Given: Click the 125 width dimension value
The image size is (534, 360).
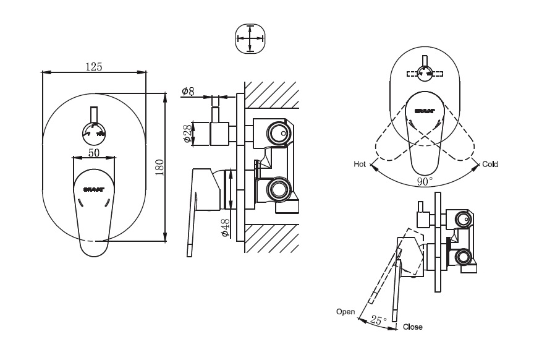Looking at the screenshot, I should tap(93, 67).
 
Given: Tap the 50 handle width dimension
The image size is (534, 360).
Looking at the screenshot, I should tap(93, 152).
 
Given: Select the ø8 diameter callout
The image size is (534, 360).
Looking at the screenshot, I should tap(188, 92).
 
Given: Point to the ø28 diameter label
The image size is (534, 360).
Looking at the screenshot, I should tap(188, 133).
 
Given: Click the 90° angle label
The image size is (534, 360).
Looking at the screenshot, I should tap(425, 181).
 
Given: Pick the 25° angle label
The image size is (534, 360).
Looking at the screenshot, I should tap(378, 320).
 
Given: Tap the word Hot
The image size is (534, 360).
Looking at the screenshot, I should tap(360, 165).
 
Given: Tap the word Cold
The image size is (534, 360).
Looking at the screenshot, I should tap(490, 165).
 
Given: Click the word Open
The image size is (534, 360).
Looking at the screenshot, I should tap(345, 311).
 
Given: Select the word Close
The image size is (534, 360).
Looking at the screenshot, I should tap(412, 327).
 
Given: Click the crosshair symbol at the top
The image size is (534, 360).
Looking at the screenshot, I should tap(250, 38).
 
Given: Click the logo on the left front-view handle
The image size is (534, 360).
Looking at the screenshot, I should tap(94, 184).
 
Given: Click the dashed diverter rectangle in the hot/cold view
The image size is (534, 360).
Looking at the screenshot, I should tap(425, 73).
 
